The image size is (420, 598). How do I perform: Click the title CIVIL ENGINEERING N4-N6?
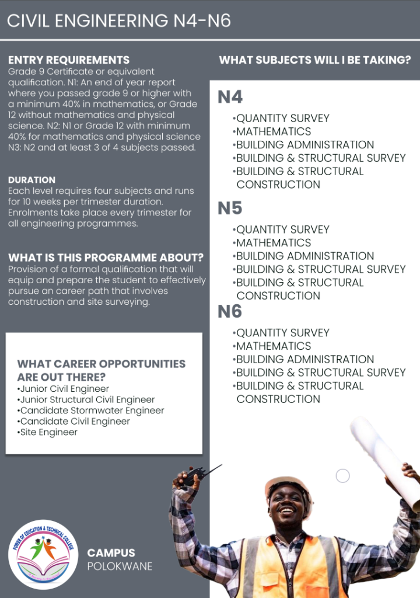point(119,21)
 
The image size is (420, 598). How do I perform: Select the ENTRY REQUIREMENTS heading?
point(69,60)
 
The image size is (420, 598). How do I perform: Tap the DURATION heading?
point(32,180)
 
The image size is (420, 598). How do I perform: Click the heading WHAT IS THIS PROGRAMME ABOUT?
point(106,258)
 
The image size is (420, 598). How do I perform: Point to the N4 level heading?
point(230,97)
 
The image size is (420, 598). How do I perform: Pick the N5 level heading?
point(230,208)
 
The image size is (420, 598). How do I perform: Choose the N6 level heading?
point(230,311)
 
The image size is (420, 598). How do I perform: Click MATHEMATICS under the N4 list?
point(273,131)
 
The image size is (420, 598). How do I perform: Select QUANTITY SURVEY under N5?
point(282,230)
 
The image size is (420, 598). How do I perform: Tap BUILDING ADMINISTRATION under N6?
point(304,359)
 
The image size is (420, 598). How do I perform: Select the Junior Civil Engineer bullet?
point(64,389)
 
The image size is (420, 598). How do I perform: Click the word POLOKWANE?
point(120,566)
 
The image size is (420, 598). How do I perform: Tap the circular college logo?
point(44,554)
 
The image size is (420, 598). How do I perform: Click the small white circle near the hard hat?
point(343,476)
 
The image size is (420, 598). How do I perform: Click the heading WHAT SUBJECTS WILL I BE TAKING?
point(315,60)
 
